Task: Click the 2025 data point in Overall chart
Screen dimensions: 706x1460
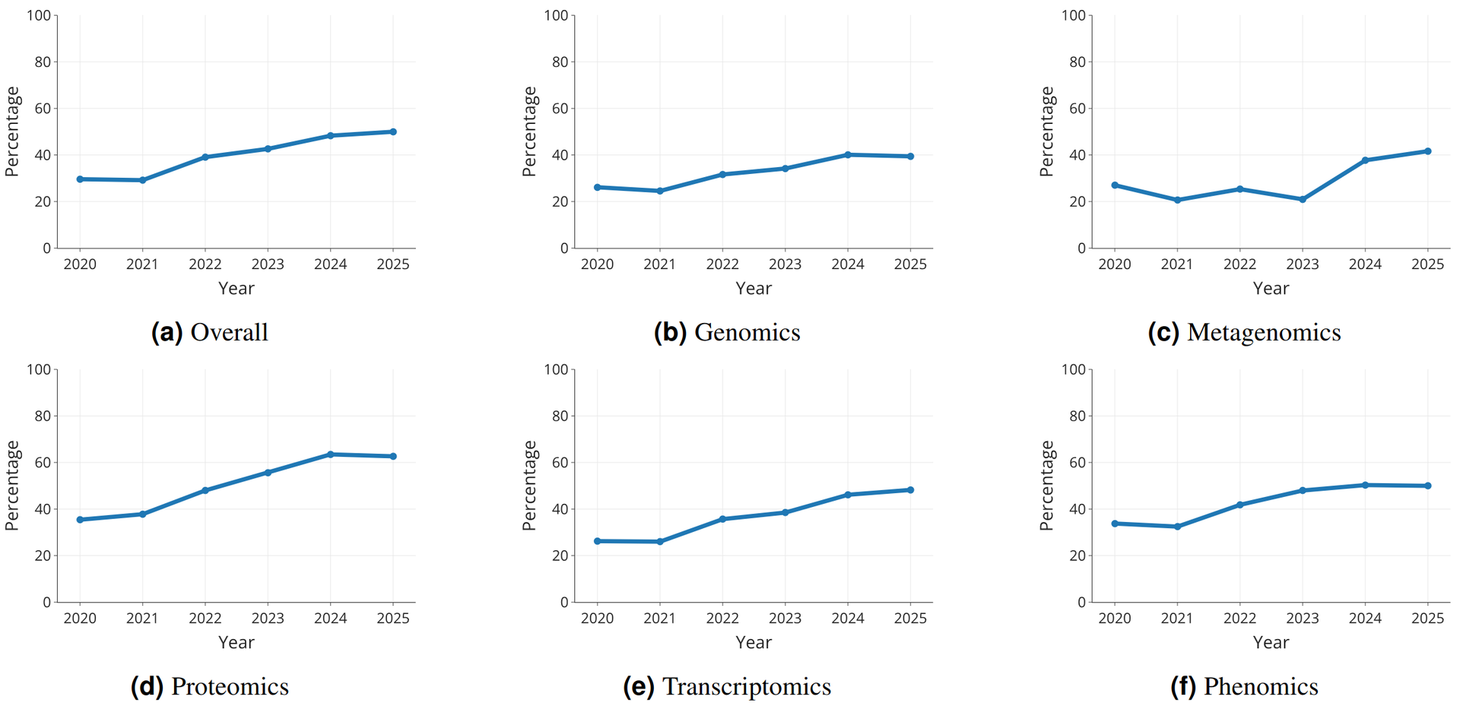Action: click(x=393, y=131)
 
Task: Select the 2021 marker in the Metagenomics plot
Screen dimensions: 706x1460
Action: click(x=1177, y=200)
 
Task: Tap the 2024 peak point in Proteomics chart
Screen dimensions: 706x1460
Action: click(x=330, y=454)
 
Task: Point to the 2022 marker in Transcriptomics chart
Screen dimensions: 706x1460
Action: click(x=722, y=519)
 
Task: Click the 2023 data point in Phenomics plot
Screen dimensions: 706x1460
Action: click(x=1303, y=491)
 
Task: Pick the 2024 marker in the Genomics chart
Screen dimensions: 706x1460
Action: click(x=848, y=155)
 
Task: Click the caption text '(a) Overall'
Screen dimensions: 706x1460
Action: click(x=210, y=332)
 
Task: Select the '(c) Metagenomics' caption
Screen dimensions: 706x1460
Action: click(x=1244, y=332)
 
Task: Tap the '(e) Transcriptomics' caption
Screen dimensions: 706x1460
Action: click(x=727, y=686)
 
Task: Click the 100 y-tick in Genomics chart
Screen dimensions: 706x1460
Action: click(x=556, y=15)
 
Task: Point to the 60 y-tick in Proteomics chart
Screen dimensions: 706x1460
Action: click(x=43, y=463)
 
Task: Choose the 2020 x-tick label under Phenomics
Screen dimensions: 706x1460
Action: click(x=1114, y=619)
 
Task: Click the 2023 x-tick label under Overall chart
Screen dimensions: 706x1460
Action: click(x=268, y=264)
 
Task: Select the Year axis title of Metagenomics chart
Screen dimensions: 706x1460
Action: click(x=1271, y=288)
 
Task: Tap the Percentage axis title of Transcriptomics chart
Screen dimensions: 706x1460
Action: click(x=530, y=485)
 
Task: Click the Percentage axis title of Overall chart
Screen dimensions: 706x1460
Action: click(x=12, y=131)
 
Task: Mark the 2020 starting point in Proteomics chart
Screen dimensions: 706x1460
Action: click(x=80, y=520)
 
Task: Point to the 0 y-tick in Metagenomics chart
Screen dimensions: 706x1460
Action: click(x=1081, y=249)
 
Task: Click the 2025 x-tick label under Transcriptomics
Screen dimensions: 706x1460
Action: click(x=910, y=619)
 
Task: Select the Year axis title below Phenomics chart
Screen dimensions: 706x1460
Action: click(x=1271, y=642)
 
